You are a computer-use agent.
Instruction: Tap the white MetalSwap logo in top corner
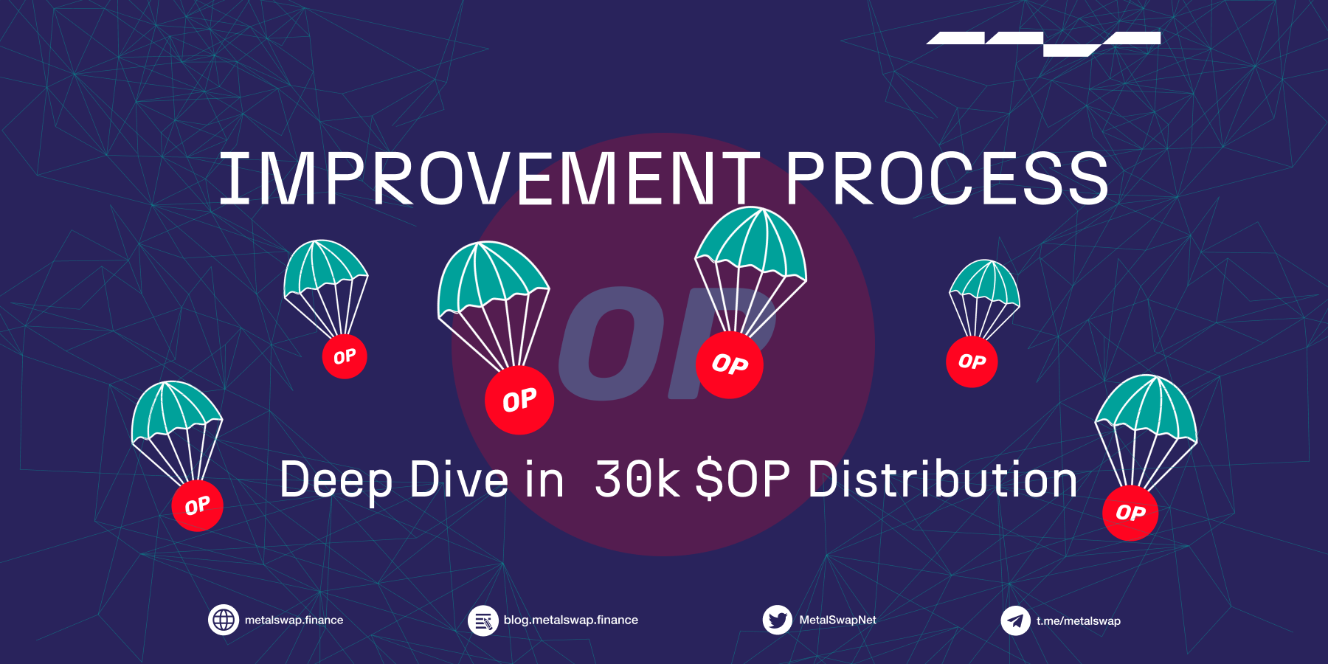click(x=1043, y=43)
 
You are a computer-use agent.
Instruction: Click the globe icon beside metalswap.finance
click(x=224, y=620)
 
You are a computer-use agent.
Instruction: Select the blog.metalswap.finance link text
click(x=570, y=620)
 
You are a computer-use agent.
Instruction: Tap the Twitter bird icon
click(x=777, y=620)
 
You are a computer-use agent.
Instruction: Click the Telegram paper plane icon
click(x=1015, y=620)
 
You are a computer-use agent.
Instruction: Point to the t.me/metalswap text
click(x=1078, y=621)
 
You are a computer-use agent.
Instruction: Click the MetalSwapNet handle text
click(x=837, y=620)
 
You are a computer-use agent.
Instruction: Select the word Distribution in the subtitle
click(x=942, y=480)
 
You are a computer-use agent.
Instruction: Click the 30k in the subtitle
click(x=637, y=480)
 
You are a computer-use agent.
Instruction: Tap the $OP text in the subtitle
click(x=743, y=480)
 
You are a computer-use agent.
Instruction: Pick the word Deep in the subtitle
click(x=336, y=480)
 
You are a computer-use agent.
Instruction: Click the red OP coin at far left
click(x=197, y=505)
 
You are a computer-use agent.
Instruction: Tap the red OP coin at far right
click(x=1130, y=513)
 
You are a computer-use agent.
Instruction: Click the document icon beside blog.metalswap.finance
click(x=483, y=620)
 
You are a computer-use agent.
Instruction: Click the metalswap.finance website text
click(x=294, y=620)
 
